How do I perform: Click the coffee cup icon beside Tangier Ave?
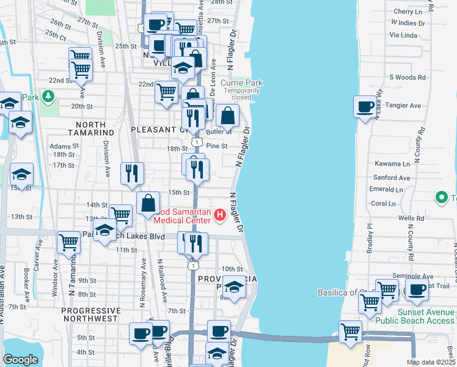[365, 106]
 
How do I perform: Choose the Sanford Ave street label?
[391, 177]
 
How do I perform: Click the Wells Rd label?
[411, 218]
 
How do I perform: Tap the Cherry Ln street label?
[408, 12]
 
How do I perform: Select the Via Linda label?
[403, 35]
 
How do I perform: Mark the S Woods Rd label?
[407, 77]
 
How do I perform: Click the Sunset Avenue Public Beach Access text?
[425, 316]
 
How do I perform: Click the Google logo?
[20, 360]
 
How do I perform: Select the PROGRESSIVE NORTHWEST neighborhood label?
[89, 314]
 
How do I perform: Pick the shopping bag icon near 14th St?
[148, 203]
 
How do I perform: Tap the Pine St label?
[217, 146]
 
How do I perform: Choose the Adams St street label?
[60, 146]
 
